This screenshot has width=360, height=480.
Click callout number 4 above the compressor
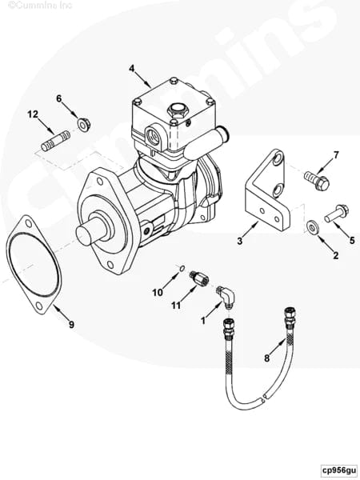131,68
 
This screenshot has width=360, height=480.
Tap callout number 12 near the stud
33,115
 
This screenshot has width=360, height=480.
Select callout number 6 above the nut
58,98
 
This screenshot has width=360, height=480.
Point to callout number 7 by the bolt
336,155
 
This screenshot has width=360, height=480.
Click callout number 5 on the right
350,239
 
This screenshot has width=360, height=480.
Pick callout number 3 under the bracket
239,240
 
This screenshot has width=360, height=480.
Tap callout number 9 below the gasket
71,325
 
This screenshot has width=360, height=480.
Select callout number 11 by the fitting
175,305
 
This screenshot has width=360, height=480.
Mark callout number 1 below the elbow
202,320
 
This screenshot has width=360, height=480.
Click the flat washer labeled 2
314,230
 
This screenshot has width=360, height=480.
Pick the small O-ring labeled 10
182,268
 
